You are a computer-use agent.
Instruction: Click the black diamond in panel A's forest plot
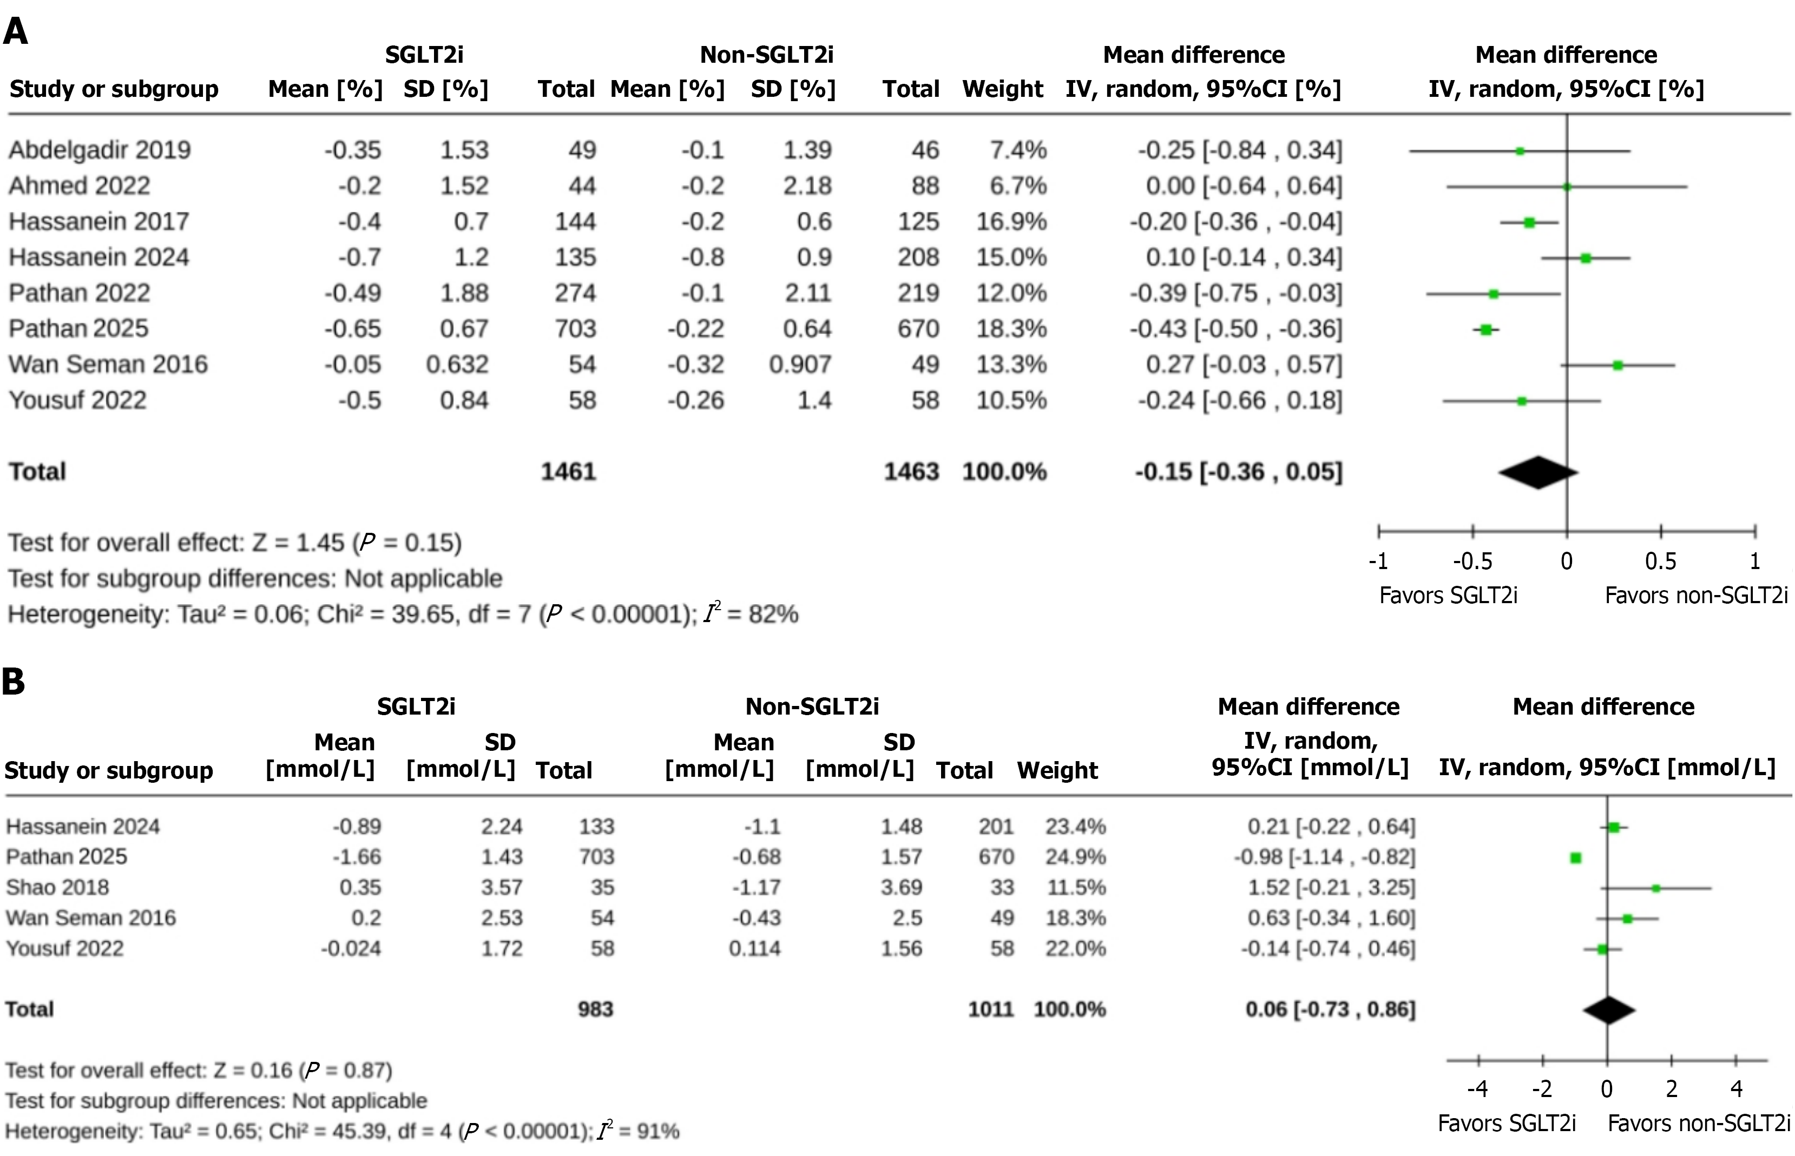tap(1537, 473)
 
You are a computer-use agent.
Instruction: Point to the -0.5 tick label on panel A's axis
tap(1472, 562)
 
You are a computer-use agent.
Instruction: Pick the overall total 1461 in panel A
tap(568, 471)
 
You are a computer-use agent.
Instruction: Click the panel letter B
tap(14, 682)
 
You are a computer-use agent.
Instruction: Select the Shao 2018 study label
tap(58, 887)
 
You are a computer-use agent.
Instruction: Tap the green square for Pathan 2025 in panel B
tap(1576, 858)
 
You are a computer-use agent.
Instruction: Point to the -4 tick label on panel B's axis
tap(1477, 1089)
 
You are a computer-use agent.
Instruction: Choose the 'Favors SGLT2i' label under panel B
tap(1506, 1124)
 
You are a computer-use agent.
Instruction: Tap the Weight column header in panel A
tap(1002, 89)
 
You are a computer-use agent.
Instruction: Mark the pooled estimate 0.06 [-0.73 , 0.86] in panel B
tap(1330, 1009)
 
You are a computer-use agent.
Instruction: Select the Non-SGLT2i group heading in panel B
tap(812, 706)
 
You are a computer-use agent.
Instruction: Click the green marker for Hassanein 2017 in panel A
tap(1529, 223)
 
